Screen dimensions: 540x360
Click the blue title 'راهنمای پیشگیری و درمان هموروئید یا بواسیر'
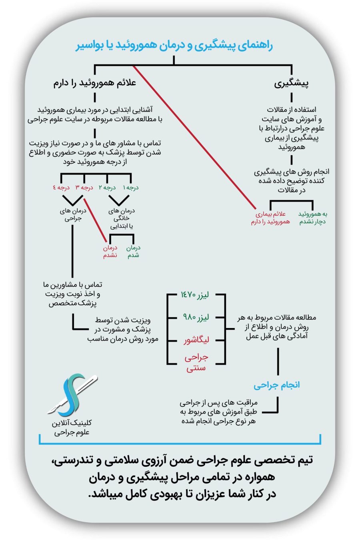coord(174,46)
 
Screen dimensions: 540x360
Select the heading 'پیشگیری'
coord(291,84)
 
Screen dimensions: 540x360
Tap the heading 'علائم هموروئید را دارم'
coord(95,83)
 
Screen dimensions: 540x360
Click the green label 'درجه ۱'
coord(130,188)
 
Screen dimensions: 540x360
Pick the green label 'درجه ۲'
coord(107,188)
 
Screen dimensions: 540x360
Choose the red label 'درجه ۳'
coord(84,188)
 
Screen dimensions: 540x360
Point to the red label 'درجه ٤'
coord(61,188)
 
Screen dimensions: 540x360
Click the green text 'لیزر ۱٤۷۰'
coord(195,295)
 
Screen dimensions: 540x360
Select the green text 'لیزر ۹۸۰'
coord(196,318)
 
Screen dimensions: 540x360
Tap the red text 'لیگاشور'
coord(196,340)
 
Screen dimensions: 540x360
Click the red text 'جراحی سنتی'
coord(196,362)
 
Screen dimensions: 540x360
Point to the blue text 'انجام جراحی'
coord(276,385)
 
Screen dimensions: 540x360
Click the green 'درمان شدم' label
coord(133,252)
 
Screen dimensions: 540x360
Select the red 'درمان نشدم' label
coord(110,252)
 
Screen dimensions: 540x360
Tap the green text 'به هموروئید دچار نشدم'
coord(313,218)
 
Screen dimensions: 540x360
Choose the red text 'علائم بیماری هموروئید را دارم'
coord(270,218)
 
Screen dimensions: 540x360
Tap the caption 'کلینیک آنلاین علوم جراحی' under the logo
coord(72,427)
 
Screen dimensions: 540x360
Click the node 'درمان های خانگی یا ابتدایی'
coord(122,218)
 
